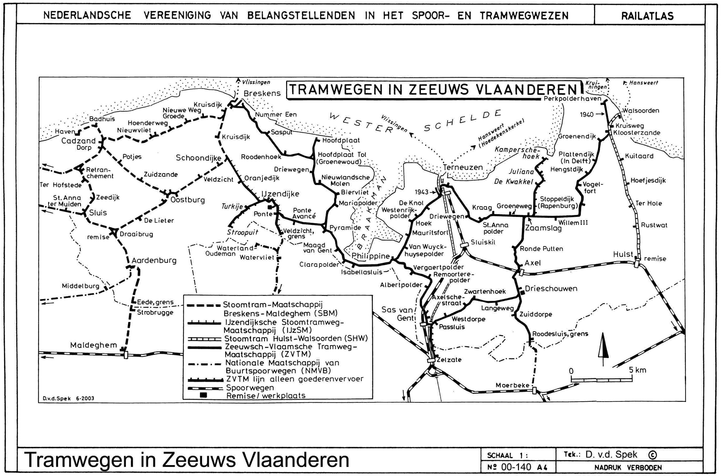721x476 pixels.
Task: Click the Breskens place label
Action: click(262, 93)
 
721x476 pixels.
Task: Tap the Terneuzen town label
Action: click(463, 167)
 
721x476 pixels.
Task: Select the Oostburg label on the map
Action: click(187, 200)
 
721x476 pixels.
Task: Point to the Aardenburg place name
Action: click(154, 261)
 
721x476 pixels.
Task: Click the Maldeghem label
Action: click(94, 345)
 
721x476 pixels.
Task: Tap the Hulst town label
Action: click(623, 254)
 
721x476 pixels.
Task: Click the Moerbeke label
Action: click(512, 385)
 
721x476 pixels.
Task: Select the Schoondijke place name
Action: click(199, 158)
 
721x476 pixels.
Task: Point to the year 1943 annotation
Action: click(421, 192)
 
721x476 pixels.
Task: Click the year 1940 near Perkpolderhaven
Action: click(586, 115)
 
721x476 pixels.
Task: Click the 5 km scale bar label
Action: click(637, 370)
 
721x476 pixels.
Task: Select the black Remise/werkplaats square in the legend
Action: click(203, 395)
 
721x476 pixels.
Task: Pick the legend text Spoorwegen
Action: click(250, 388)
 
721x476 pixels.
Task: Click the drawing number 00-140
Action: click(516, 467)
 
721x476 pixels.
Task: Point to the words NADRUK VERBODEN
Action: click(628, 468)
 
